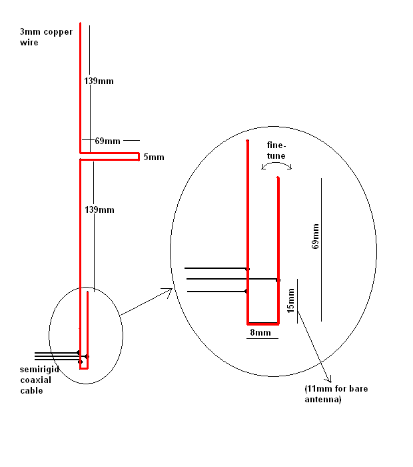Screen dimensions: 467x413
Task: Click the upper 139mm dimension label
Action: [99, 81]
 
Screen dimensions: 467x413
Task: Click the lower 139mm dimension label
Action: [99, 210]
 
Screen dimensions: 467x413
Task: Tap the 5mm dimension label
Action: [153, 157]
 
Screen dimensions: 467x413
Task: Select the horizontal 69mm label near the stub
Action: [107, 141]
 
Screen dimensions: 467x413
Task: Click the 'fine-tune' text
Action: [276, 151]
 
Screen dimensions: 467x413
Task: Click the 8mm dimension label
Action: [260, 332]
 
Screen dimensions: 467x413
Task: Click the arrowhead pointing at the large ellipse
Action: [169, 291]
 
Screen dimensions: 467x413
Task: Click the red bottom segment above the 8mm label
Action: [262, 323]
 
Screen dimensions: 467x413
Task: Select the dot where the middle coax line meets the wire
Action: [278, 280]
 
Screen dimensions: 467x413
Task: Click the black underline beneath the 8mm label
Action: [262, 338]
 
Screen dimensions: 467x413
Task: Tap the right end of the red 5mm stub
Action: [137, 157]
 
